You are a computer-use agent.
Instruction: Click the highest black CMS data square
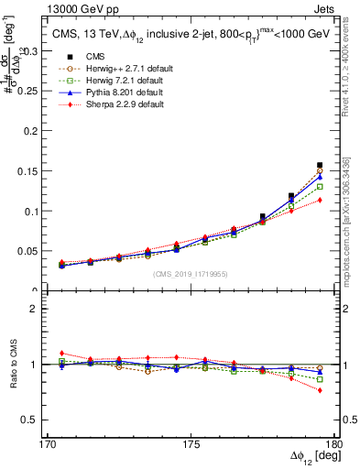(x=320, y=165)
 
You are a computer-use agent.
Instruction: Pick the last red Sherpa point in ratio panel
(x=320, y=390)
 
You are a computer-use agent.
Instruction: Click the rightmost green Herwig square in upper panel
(x=320, y=186)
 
